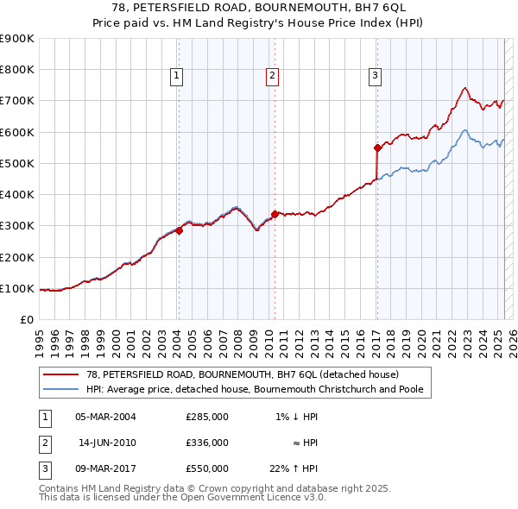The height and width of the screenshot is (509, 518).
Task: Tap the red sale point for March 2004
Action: coord(179,230)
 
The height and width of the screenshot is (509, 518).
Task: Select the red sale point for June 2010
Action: coord(274,214)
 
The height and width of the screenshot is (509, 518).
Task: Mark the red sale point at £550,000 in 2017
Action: coord(377,148)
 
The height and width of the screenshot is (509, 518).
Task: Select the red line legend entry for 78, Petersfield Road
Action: coord(242,375)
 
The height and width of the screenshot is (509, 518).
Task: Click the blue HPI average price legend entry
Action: coord(259,389)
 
